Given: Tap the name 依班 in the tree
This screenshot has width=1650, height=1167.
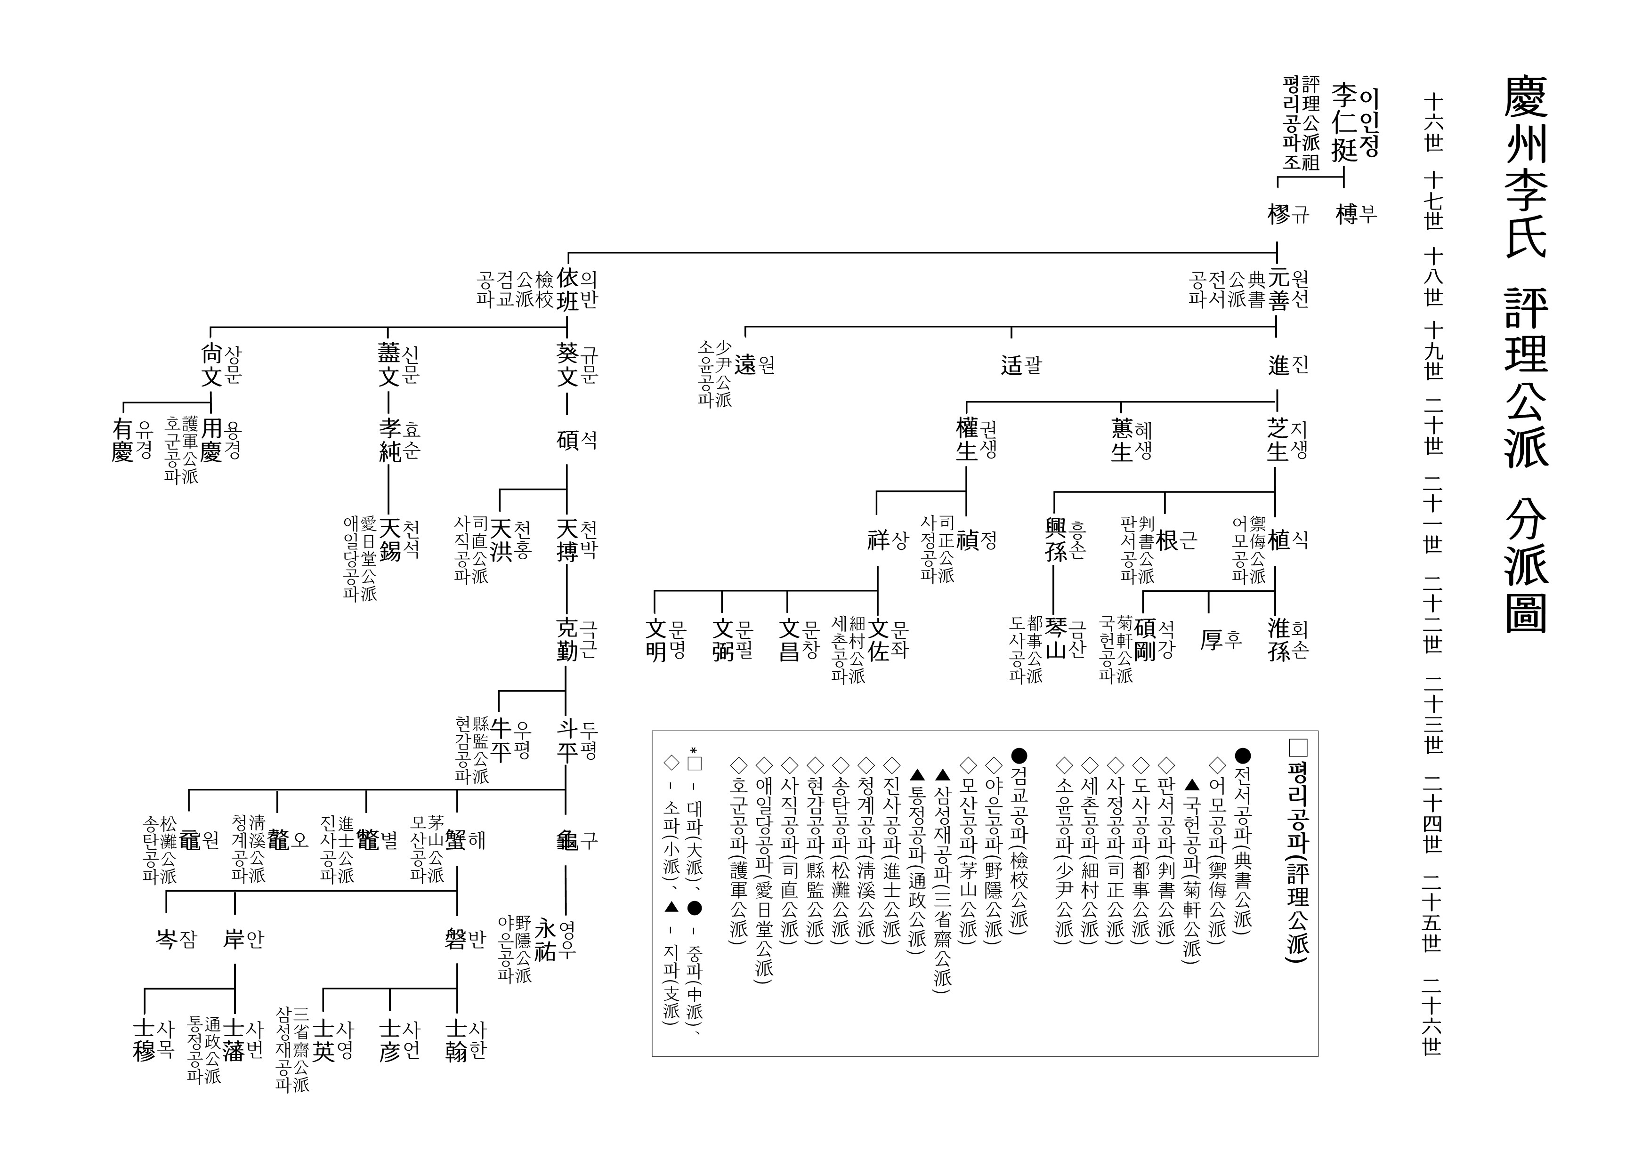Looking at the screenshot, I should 568,289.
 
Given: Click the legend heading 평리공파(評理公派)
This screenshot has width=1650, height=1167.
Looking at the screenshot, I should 1297,848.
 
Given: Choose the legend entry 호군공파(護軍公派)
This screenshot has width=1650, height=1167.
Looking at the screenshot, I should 738,848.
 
